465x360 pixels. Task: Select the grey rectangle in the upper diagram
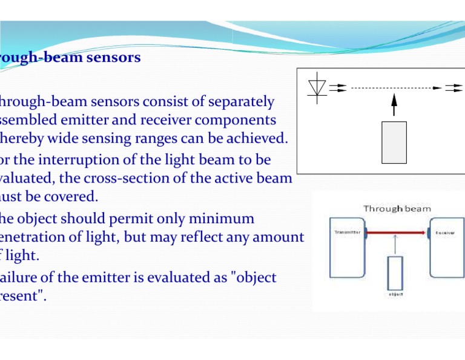(394, 142)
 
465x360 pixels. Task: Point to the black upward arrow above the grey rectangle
(394, 104)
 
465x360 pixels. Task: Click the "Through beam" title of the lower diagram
(397, 208)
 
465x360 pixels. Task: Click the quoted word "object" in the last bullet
(255, 278)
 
